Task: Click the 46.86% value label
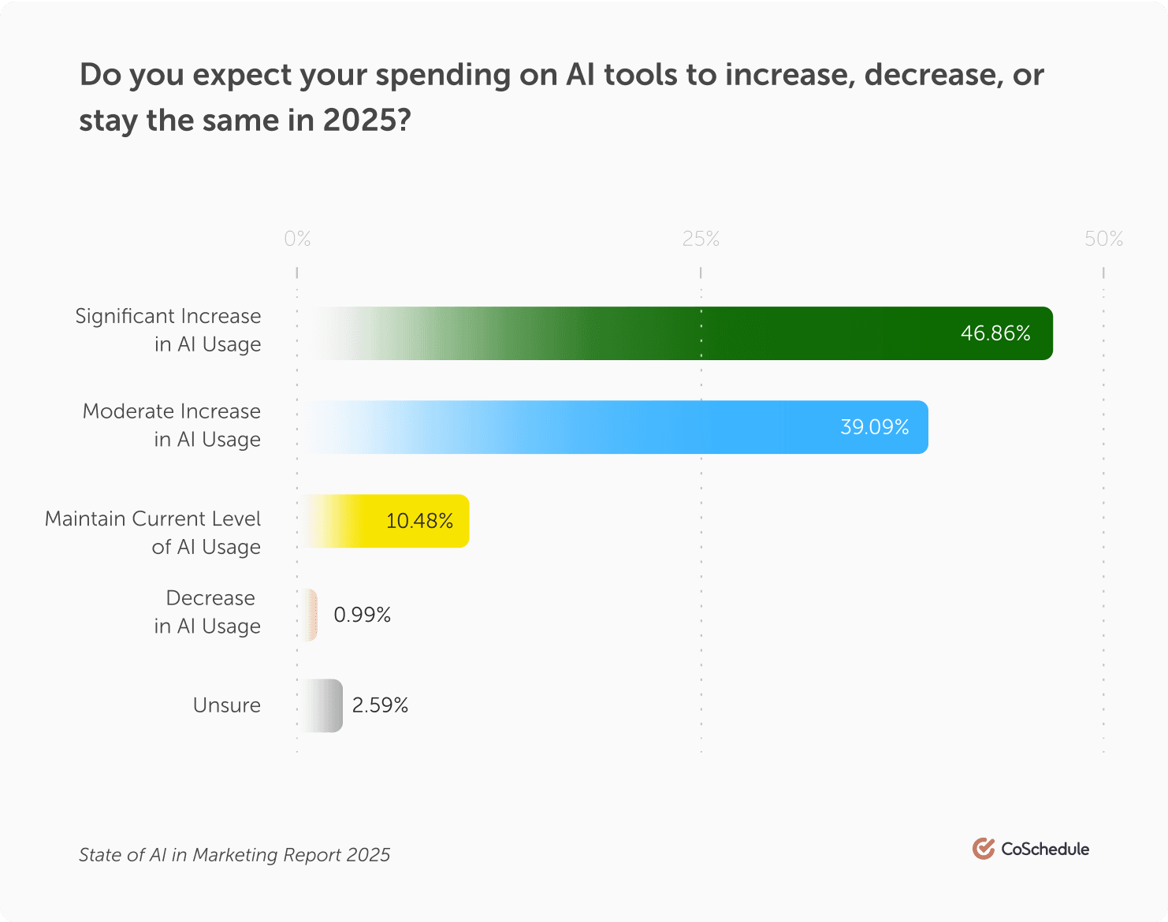pyautogui.click(x=995, y=333)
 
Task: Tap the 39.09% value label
pyautogui.click(x=874, y=427)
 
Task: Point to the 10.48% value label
pyautogui.click(x=419, y=521)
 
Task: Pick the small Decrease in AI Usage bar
pyautogui.click(x=309, y=615)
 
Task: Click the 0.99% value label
pyautogui.click(x=362, y=615)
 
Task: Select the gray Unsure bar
pyautogui.click(x=321, y=705)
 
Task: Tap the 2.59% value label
pyautogui.click(x=380, y=705)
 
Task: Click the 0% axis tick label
pyautogui.click(x=297, y=239)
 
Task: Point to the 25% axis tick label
pyautogui.click(x=701, y=239)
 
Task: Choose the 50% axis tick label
pyautogui.click(x=1103, y=239)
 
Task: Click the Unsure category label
pyautogui.click(x=226, y=705)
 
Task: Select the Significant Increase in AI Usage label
pyautogui.click(x=168, y=330)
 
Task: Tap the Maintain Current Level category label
pyautogui.click(x=153, y=533)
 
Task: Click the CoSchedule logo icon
pyautogui.click(x=983, y=849)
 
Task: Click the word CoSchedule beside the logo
pyautogui.click(x=1045, y=849)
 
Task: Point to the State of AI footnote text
pyautogui.click(x=234, y=855)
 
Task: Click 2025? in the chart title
pyautogui.click(x=366, y=121)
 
